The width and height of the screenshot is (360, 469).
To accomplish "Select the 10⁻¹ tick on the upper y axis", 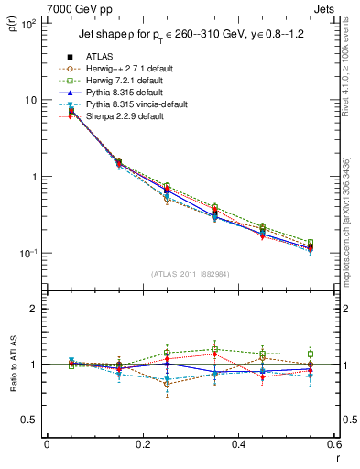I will pyautogui.click(x=29, y=254).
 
